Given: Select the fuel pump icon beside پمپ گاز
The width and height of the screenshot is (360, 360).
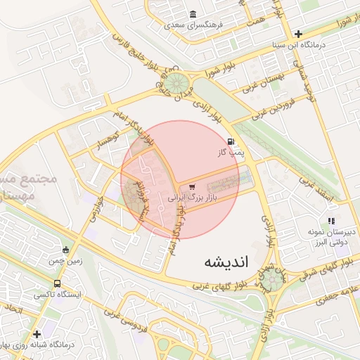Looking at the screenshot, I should click(231, 141).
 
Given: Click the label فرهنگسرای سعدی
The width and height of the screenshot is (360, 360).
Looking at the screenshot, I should click(194, 25).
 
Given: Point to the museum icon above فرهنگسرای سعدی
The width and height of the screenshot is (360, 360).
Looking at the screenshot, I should click(193, 14).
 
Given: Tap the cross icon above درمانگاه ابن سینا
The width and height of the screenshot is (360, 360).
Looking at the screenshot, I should click(299, 33).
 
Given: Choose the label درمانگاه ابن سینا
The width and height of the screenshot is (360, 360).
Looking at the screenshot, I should click(300, 44).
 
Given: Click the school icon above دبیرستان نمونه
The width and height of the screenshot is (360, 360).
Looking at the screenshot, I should click(331, 221).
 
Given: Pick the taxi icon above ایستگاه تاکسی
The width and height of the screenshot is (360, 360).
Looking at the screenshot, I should click(57, 283).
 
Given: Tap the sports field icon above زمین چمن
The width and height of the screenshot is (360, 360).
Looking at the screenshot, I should click(66, 249).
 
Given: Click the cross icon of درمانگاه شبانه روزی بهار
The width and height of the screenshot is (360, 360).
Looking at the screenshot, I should click(37, 333).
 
